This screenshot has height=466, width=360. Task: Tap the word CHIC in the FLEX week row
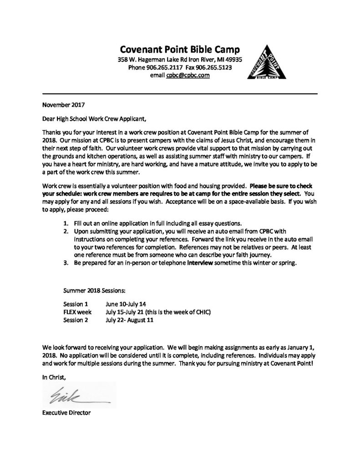point(201,312)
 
